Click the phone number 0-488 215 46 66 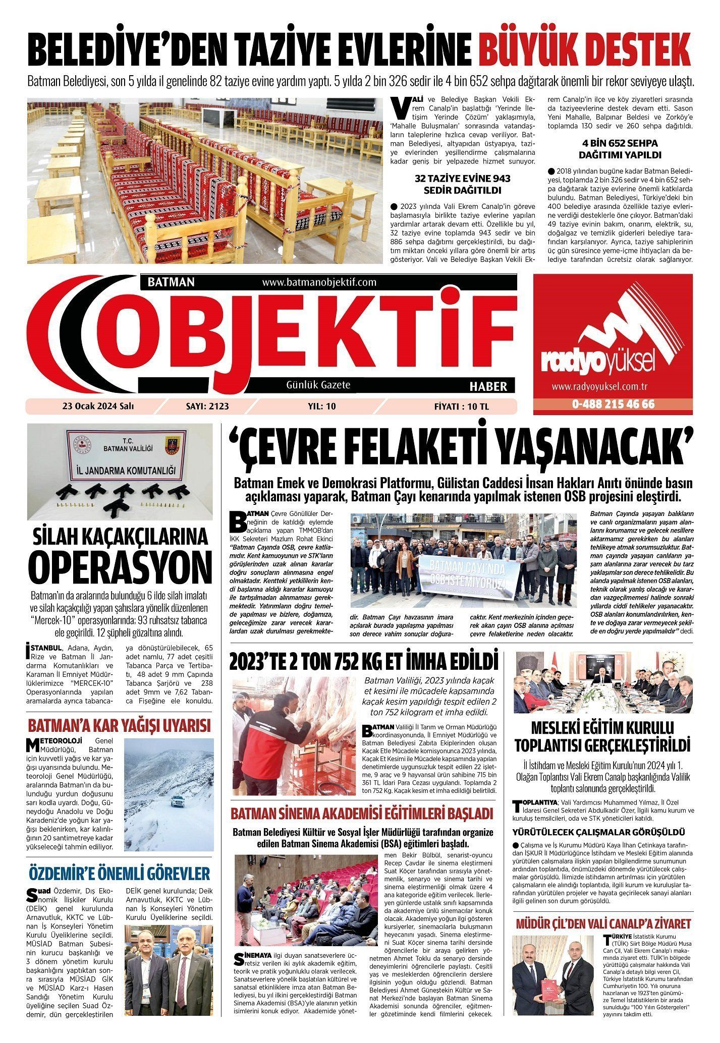click(x=613, y=404)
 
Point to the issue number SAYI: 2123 click(x=211, y=406)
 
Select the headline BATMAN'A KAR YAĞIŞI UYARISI click(x=119, y=726)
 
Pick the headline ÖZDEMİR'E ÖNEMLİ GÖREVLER click(x=119, y=873)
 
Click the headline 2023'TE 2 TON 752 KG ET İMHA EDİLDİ click(x=363, y=661)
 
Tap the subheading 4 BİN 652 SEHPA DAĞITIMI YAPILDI click(x=620, y=149)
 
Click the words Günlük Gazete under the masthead click(x=318, y=385)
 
